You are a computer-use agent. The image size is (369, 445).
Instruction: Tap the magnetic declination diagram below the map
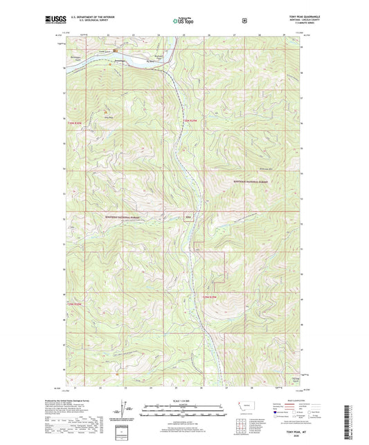130,417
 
